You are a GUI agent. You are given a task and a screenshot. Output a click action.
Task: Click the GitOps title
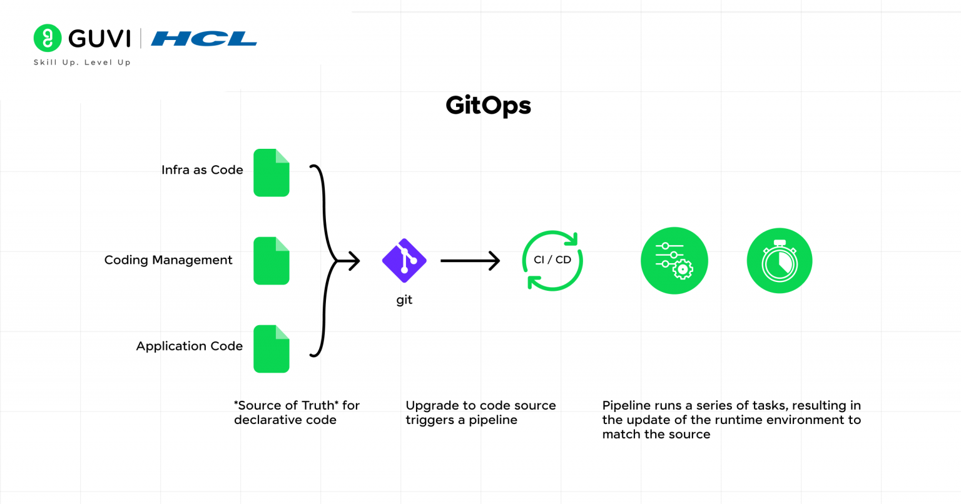(488, 106)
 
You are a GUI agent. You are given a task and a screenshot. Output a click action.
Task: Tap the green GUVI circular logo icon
(47, 38)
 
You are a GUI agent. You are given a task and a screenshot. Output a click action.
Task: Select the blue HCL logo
(204, 39)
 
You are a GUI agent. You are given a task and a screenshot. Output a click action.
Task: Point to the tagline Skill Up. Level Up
(82, 63)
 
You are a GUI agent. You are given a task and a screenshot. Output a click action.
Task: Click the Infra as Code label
(202, 170)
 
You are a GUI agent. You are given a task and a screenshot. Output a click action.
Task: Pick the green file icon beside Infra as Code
(271, 173)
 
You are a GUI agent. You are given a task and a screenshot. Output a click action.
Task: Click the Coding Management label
(168, 260)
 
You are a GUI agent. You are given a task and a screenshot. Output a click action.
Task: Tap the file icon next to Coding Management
(271, 261)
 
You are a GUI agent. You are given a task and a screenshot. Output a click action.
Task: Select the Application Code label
(189, 346)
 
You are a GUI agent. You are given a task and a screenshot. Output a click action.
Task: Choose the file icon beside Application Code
(271, 349)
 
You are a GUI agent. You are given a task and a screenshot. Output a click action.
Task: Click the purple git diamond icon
(404, 261)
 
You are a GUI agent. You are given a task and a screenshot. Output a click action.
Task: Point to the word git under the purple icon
(404, 300)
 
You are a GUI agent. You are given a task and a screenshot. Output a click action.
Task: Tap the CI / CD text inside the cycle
(552, 260)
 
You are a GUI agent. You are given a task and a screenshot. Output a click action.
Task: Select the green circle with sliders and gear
(674, 261)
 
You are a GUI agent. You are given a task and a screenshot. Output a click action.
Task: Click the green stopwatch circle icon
(780, 261)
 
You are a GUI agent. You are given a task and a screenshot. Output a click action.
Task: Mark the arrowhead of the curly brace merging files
(353, 261)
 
